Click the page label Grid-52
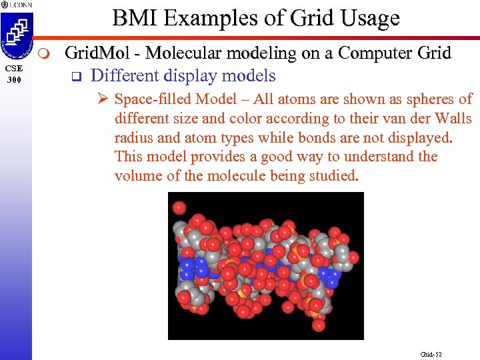431,354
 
